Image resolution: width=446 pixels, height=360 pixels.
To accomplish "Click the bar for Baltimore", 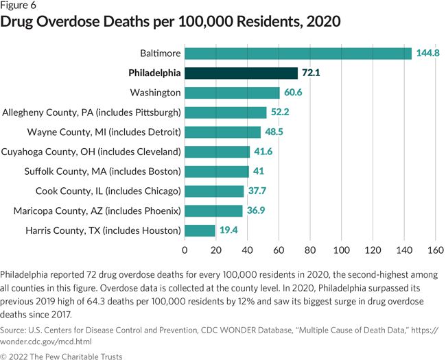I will (x=298, y=53).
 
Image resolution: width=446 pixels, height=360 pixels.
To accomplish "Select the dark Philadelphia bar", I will (x=241, y=73).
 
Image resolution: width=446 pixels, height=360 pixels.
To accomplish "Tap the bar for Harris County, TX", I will (x=200, y=230).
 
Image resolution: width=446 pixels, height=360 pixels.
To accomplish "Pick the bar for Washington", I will (x=232, y=93).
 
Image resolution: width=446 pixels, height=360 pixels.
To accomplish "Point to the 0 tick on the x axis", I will (x=185, y=250).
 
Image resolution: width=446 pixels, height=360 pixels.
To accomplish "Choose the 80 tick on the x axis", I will (x=310, y=250).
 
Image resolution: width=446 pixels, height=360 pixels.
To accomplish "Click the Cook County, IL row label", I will (x=108, y=191).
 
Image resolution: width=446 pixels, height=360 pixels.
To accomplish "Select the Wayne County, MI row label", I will (x=104, y=132).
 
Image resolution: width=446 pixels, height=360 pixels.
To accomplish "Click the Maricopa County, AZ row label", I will (x=97, y=211).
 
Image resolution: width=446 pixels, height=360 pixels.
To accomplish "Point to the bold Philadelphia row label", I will (x=145, y=73).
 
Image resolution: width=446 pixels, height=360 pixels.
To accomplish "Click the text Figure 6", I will (x=21, y=6).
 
